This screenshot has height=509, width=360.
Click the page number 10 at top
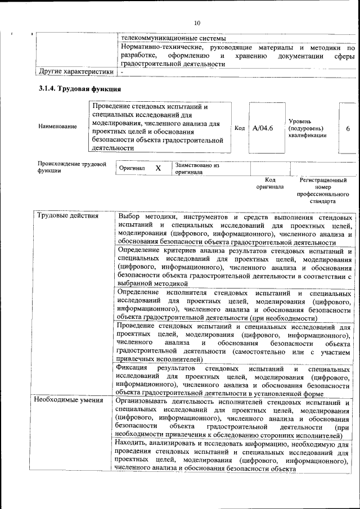click(x=197, y=23)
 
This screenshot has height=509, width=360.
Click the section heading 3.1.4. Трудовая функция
click(x=79, y=89)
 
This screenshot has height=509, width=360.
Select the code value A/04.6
click(x=263, y=128)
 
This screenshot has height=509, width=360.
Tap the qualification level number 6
click(x=348, y=128)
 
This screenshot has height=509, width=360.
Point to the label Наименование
click(x=57, y=127)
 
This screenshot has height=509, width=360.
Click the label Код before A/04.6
click(x=239, y=128)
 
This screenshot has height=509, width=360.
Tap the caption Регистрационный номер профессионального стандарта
click(x=323, y=190)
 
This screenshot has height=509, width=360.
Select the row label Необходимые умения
click(x=69, y=400)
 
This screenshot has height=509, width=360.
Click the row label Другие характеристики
click(x=71, y=72)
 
